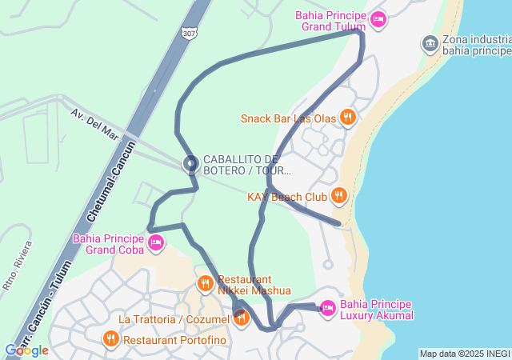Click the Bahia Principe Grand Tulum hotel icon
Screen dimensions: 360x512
[378, 19]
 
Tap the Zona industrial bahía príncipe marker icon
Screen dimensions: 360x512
[430, 42]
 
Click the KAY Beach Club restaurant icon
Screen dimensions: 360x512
[339, 195]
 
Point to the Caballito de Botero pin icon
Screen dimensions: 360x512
[190, 164]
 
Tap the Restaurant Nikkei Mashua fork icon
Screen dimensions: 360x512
[206, 283]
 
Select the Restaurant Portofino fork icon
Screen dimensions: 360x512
[110, 339]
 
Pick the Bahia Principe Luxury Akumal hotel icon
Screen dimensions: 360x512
[327, 307]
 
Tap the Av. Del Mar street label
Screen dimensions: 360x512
[94, 124]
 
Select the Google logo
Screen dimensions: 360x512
[26, 350]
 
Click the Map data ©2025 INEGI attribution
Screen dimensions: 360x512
[464, 354]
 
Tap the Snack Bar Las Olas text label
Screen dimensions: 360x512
[288, 119]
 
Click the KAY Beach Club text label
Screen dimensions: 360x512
[286, 196]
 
